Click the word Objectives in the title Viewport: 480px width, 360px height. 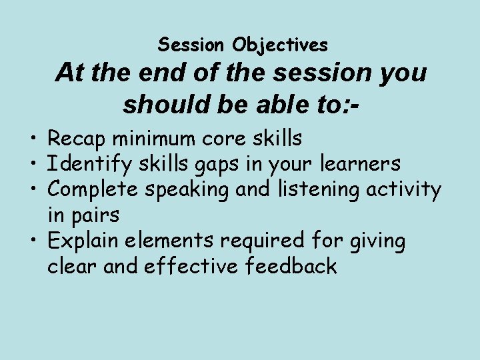click(x=280, y=45)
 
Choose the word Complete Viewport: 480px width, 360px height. click(x=94, y=191)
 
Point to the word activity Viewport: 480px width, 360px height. click(x=407, y=191)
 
